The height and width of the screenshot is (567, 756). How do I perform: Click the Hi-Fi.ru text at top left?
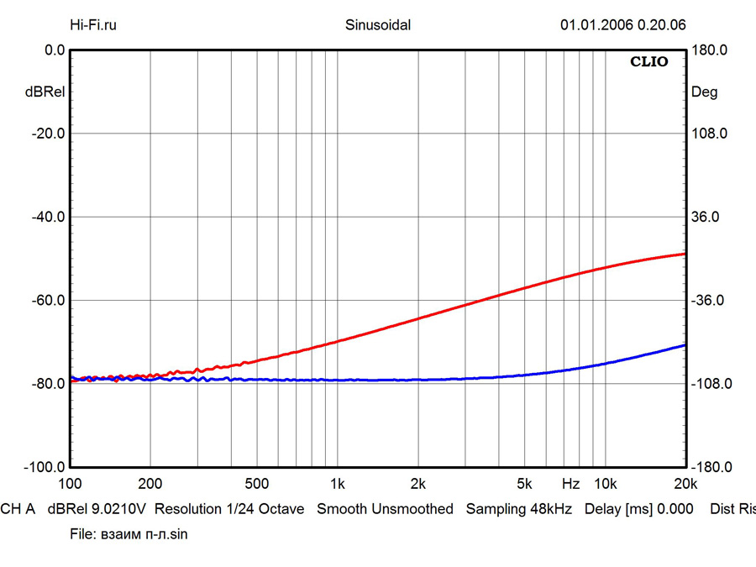point(93,25)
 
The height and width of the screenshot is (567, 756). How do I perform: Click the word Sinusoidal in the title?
point(378,25)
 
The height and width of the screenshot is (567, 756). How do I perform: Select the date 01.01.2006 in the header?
point(596,25)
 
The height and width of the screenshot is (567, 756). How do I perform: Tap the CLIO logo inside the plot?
point(649,62)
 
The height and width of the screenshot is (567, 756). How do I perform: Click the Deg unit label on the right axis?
point(704,92)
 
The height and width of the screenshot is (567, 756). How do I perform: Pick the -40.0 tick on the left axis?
point(48,217)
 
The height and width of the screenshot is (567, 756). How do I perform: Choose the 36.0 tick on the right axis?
point(706,217)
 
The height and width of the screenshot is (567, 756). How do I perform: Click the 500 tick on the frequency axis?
point(256,485)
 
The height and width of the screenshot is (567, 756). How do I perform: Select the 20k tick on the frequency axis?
point(685,485)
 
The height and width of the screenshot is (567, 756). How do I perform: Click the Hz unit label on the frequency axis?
point(570,485)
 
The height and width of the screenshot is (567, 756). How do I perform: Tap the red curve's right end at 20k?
point(685,254)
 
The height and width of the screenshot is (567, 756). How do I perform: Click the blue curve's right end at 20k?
point(685,345)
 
